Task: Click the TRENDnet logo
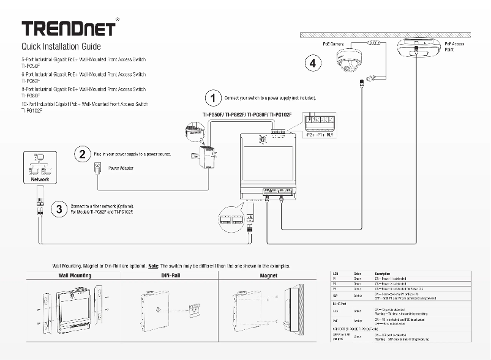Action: tap(68, 29)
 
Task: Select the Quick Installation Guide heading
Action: tap(61, 47)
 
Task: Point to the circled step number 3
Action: tap(59, 209)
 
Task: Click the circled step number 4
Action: tap(313, 62)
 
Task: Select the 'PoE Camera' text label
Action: tap(335, 43)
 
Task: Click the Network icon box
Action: tap(40, 166)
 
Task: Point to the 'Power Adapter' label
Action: tap(121, 168)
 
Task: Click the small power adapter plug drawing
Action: tap(96, 167)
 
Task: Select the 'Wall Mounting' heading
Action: tap(75, 276)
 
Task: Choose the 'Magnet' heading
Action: tap(268, 276)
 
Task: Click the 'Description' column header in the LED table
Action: tap(383, 272)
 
